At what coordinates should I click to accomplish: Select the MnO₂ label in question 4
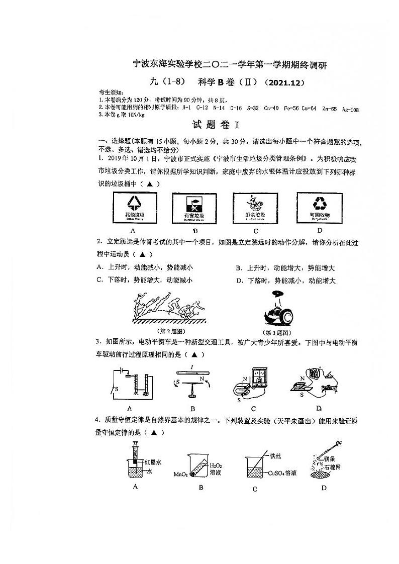tap(180, 474)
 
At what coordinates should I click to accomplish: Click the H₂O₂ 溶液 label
tap(215, 468)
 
